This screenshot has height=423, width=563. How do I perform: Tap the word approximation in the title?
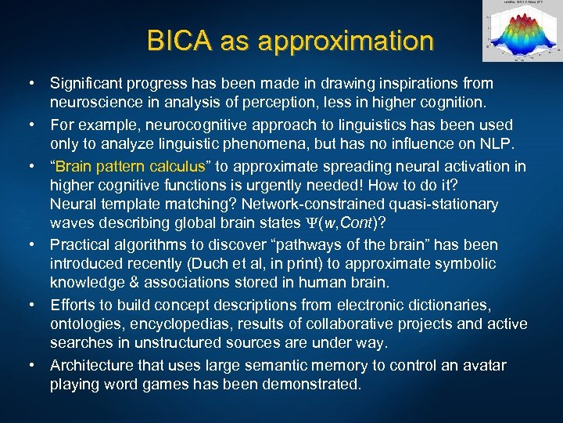click(x=348, y=41)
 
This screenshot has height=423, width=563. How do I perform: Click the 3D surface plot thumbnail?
click(x=520, y=32)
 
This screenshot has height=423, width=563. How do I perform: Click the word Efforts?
click(x=74, y=305)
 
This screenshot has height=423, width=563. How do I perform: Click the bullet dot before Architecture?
click(x=30, y=366)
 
